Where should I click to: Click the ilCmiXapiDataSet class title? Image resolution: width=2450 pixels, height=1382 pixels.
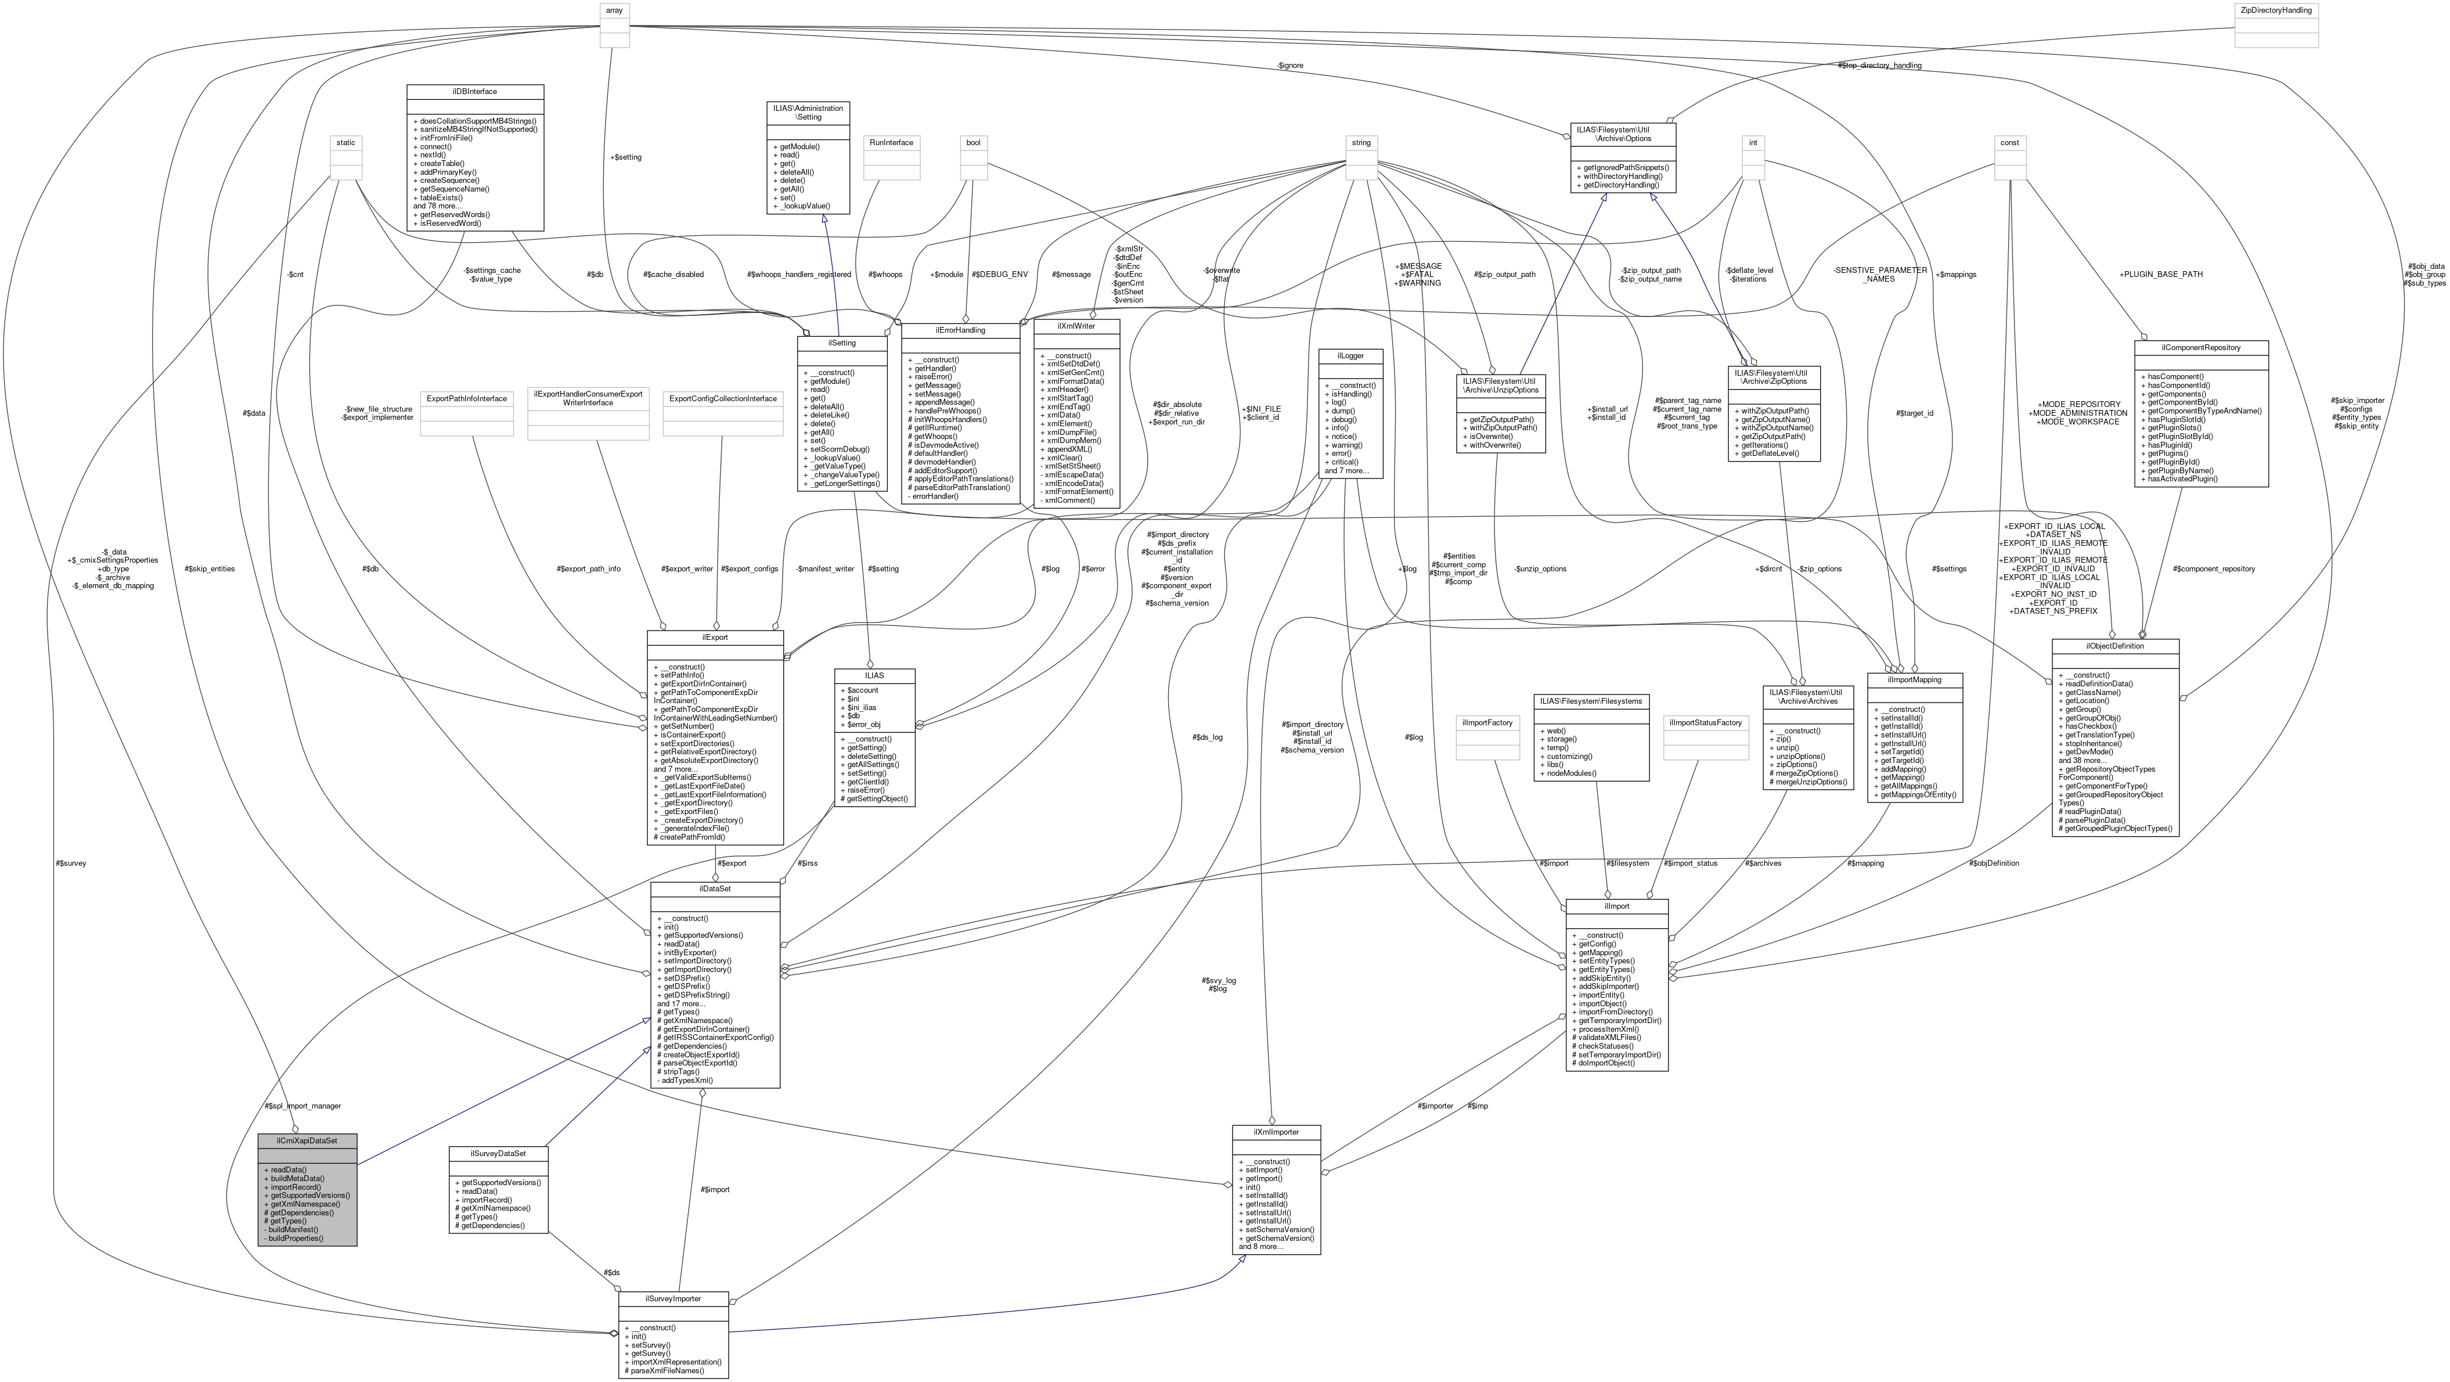(307, 1140)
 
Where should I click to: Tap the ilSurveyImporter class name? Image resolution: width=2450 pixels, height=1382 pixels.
(672, 1298)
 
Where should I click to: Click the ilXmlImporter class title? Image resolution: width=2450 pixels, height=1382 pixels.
(1276, 1132)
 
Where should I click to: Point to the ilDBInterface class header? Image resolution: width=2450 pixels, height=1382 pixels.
(474, 91)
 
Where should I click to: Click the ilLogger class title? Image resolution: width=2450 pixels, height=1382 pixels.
(1350, 356)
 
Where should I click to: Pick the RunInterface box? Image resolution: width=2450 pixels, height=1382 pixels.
(891, 143)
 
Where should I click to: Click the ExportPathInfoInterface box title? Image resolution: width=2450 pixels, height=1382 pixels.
(466, 398)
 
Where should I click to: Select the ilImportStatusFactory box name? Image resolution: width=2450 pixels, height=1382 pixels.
(1705, 723)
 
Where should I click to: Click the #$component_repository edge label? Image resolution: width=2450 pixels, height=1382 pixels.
(2213, 569)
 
